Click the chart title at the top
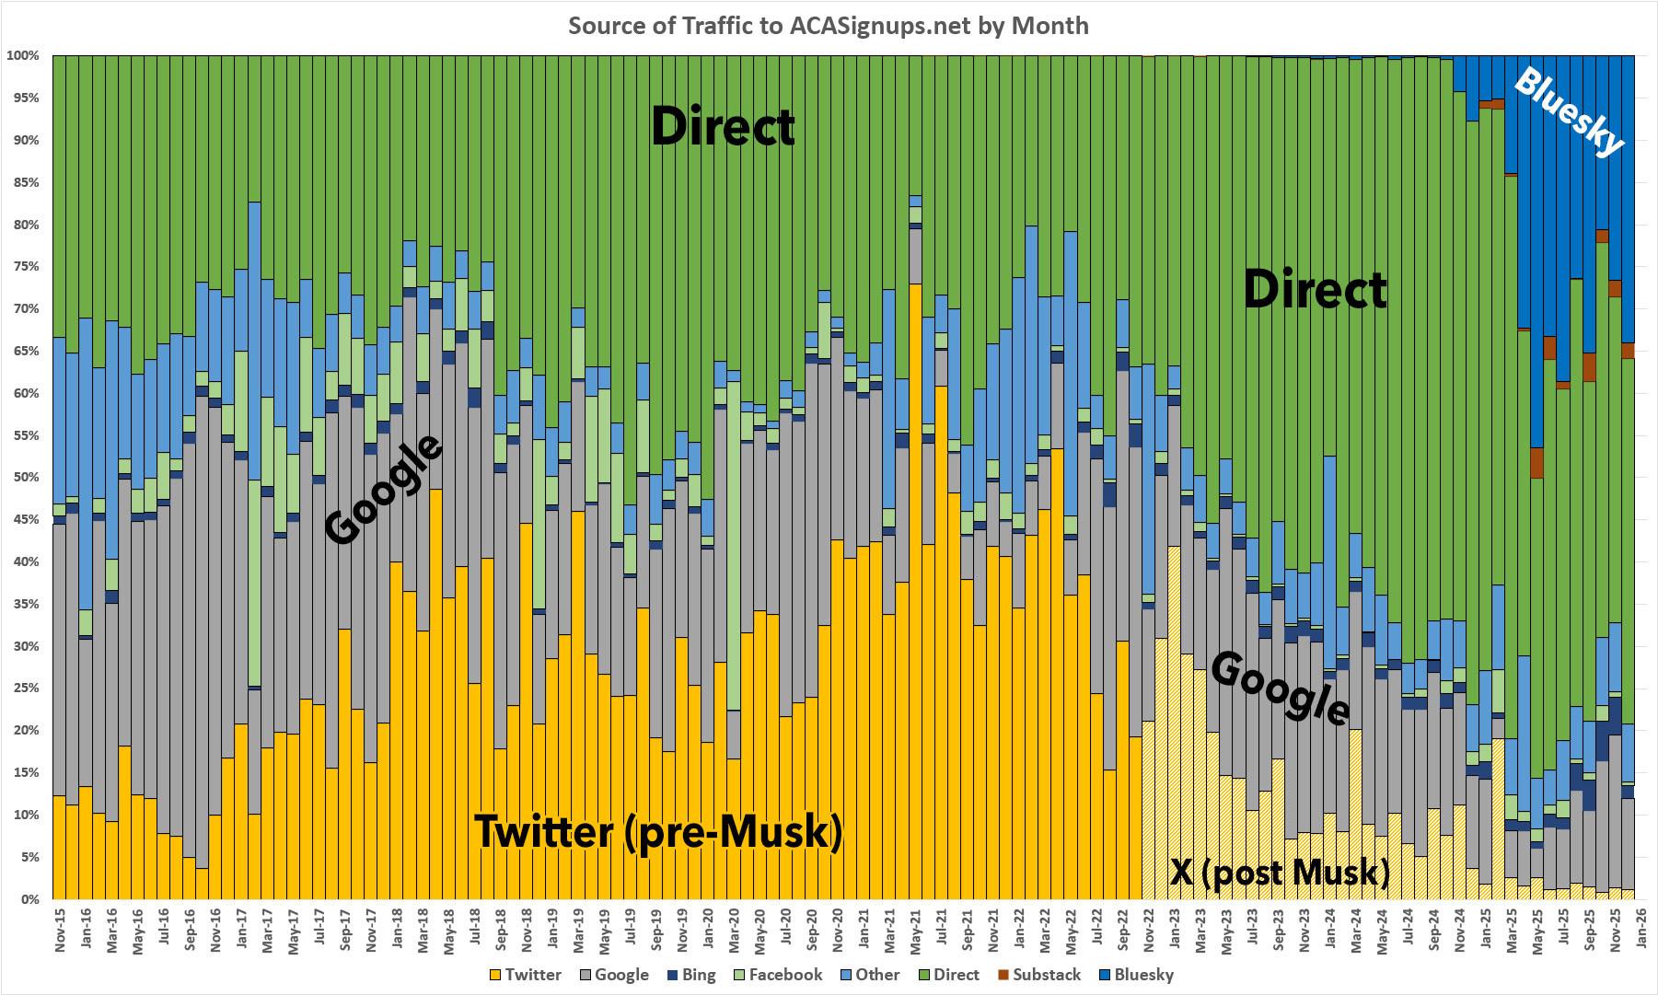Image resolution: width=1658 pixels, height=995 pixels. point(828,25)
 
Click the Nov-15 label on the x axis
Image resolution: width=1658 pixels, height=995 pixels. point(60,931)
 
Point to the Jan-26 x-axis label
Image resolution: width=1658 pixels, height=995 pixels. point(1641,931)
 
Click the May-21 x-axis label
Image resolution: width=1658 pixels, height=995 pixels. point(916,931)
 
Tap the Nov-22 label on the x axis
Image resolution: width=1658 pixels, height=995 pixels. point(1149,931)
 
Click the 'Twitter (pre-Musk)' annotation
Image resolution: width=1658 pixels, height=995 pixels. point(657,832)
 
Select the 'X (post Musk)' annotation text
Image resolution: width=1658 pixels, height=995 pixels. point(1280,871)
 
